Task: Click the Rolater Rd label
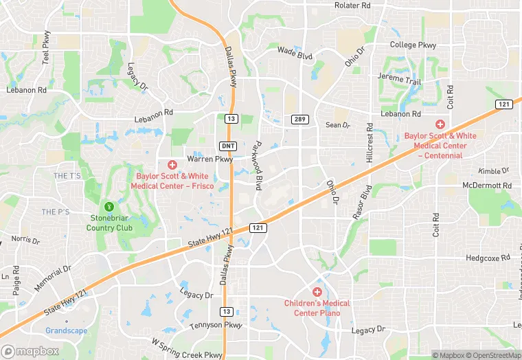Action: click(352, 5)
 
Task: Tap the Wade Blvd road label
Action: click(295, 52)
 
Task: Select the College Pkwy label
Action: click(413, 45)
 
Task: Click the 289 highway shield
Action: click(299, 120)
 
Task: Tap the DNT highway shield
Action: click(228, 146)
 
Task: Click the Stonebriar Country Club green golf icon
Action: click(108, 206)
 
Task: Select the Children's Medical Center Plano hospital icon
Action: click(317, 292)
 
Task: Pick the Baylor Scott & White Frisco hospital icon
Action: click(172, 165)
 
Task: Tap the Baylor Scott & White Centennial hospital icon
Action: click(440, 124)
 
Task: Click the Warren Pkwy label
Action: click(210, 159)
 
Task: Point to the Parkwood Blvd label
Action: click(258, 166)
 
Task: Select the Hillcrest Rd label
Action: click(369, 143)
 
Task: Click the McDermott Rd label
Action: click(487, 185)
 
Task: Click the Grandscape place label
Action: click(66, 330)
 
